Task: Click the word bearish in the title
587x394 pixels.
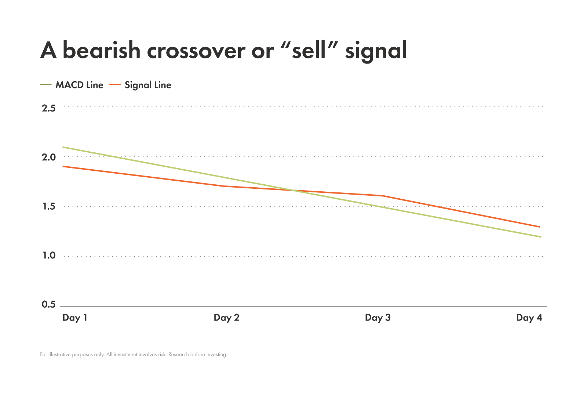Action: pyautogui.click(x=102, y=50)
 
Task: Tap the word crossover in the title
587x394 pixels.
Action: pyautogui.click(x=196, y=51)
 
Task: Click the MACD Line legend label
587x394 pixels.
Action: pyautogui.click(x=79, y=85)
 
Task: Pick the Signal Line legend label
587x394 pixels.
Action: pyautogui.click(x=148, y=85)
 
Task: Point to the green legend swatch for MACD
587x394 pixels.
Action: pyautogui.click(x=45, y=85)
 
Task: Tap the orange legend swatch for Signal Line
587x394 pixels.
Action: pyautogui.click(x=115, y=85)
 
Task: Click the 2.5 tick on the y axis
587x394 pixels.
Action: pyautogui.click(x=49, y=108)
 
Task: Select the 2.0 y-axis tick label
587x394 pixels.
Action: pyautogui.click(x=49, y=157)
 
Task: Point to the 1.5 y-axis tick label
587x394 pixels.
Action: pyautogui.click(x=49, y=206)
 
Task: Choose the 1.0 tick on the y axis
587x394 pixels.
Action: pyautogui.click(x=49, y=256)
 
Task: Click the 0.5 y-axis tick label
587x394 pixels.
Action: pyautogui.click(x=49, y=304)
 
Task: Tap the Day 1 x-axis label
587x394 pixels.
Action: pyautogui.click(x=75, y=318)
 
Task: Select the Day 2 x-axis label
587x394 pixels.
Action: pyautogui.click(x=226, y=318)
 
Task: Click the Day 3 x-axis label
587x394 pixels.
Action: pyautogui.click(x=378, y=318)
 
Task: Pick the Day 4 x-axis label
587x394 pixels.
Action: pyautogui.click(x=529, y=318)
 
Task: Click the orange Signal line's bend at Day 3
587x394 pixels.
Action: pyautogui.click(x=383, y=196)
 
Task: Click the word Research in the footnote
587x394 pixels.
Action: pyautogui.click(x=178, y=355)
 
